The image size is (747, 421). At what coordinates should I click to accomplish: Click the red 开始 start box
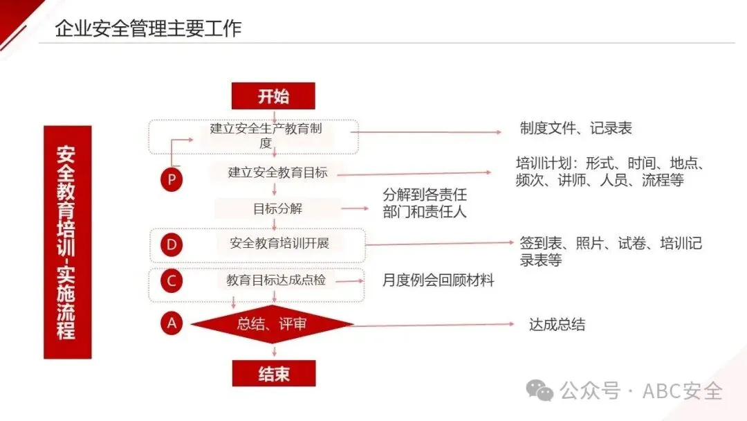click(x=273, y=96)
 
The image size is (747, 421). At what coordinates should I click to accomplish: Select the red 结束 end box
click(x=274, y=374)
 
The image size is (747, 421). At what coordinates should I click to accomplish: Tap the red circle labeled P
click(x=172, y=180)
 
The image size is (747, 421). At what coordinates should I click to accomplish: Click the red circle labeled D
click(x=172, y=244)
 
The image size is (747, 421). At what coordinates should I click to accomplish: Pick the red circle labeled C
click(x=172, y=280)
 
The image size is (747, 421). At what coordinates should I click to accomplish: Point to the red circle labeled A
click(x=172, y=323)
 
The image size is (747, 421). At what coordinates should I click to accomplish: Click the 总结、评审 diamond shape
click(x=273, y=324)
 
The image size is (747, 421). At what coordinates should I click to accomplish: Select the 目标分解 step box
click(x=277, y=208)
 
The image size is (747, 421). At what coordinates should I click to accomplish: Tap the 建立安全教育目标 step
click(x=277, y=172)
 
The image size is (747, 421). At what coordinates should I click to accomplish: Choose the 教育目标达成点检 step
click(x=276, y=280)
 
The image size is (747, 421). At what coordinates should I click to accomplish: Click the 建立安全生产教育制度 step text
click(x=266, y=136)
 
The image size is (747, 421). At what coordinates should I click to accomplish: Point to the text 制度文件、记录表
click(x=575, y=128)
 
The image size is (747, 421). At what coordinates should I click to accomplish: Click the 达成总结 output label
click(x=557, y=324)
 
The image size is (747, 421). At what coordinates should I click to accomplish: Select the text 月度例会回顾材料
click(x=439, y=280)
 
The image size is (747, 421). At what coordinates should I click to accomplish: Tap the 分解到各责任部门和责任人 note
click(x=425, y=204)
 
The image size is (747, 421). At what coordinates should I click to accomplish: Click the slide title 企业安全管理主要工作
click(x=148, y=28)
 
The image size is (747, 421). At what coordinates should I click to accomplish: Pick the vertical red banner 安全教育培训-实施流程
click(x=67, y=242)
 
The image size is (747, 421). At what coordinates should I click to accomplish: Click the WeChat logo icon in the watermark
click(x=539, y=391)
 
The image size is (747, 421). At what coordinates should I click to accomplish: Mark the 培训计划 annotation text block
click(x=609, y=172)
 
